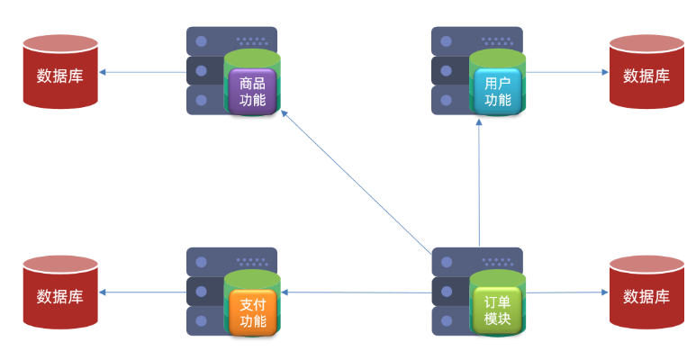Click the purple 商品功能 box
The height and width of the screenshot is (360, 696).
(x=252, y=90)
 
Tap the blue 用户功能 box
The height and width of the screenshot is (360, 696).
(x=497, y=91)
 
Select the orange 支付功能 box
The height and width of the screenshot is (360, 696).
(x=253, y=311)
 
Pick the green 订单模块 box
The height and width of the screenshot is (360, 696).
(x=497, y=311)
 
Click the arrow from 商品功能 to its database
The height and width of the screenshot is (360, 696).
(x=144, y=72)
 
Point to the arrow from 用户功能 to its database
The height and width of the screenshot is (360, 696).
(x=567, y=72)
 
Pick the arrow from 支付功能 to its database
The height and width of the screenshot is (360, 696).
(x=144, y=292)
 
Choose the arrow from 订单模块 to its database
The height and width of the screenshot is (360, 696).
(x=567, y=292)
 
